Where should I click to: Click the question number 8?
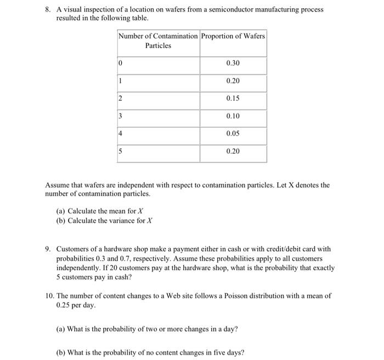pos(48,10)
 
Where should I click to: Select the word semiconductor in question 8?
pos(222,10)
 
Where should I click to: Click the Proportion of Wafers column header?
pos(233,36)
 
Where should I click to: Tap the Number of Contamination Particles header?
pos(158,41)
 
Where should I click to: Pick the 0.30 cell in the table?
pos(233,64)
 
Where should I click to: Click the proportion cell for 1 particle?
pos(233,81)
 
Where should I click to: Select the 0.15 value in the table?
pos(233,99)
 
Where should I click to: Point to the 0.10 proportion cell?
pos(233,116)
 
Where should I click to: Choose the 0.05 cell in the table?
pos(233,134)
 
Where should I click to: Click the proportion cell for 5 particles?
pos(233,151)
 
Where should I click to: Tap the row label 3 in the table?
pos(121,116)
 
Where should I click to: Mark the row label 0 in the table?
pos(121,64)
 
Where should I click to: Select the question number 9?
pos(48,249)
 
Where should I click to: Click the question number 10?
pos(49,296)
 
